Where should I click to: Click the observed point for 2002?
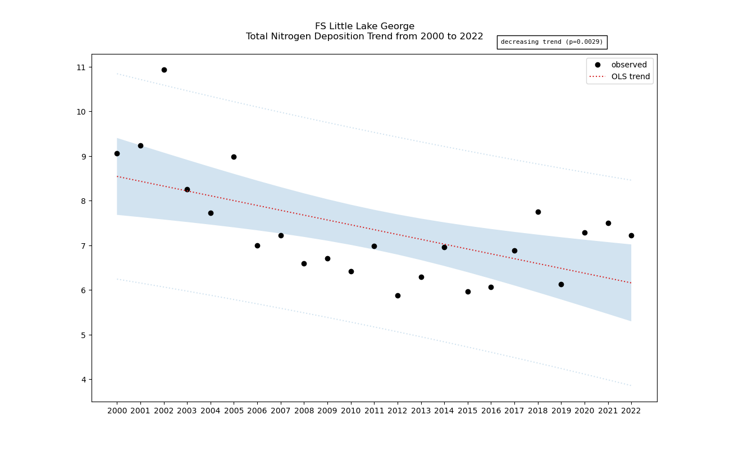point(164,70)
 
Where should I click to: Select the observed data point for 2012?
point(398,295)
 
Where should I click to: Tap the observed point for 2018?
point(538,212)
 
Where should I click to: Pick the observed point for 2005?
point(234,157)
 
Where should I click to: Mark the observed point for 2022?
point(631,235)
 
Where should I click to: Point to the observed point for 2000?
point(117,153)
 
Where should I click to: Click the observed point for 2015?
point(468,291)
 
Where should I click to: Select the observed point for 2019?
point(561,284)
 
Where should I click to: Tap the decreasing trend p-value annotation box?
point(551,42)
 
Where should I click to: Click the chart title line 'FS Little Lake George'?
point(364,26)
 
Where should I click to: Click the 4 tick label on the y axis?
point(84,380)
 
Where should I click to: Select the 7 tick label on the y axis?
point(84,246)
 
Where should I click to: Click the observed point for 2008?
point(304,263)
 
